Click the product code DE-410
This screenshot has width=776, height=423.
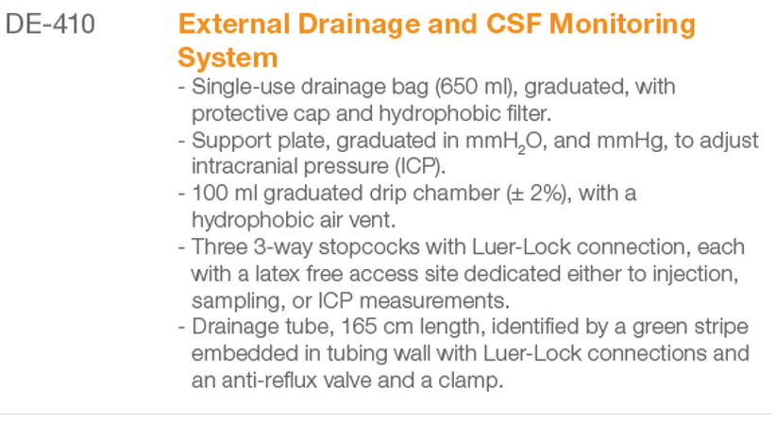(x=50, y=24)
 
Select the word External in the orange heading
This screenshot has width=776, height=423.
(x=234, y=24)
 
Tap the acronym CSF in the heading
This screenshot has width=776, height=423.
(x=514, y=24)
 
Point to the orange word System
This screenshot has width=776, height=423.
(x=228, y=59)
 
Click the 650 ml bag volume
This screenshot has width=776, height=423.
(x=474, y=87)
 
